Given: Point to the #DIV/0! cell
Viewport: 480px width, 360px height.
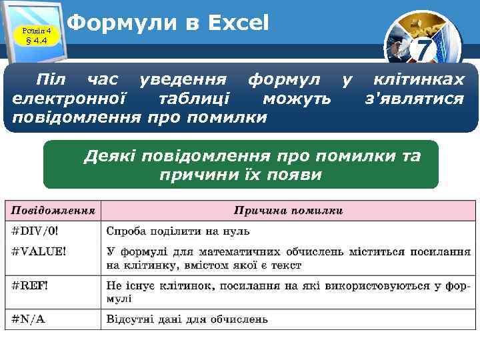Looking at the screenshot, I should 35,231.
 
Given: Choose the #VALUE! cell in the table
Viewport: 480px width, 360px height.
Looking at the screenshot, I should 39,251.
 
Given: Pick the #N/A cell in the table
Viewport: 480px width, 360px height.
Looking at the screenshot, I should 29,319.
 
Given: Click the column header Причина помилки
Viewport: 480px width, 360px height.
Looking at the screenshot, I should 288,211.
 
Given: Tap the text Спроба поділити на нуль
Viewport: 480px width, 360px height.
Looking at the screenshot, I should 178,231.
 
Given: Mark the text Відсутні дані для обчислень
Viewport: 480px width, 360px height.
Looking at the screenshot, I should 187,319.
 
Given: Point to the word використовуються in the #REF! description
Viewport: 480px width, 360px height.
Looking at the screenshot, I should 382,285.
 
